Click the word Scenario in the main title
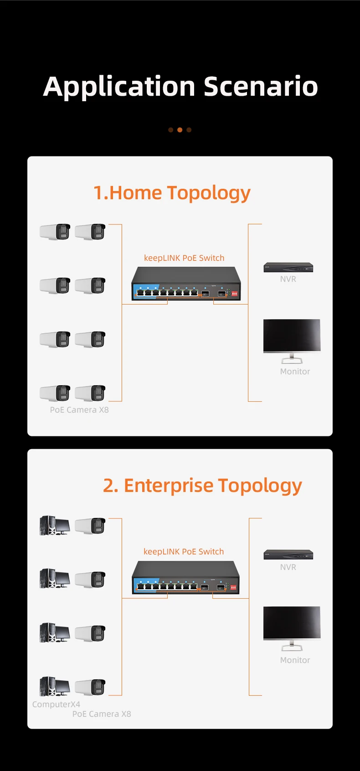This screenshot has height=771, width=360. coord(261,87)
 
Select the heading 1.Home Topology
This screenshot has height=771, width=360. coord(172,193)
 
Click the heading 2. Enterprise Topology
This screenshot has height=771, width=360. coord(202,486)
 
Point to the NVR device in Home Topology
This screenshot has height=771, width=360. coord(288,267)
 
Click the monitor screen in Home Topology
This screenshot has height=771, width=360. coord(292,335)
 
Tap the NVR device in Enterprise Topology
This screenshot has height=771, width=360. coord(288,554)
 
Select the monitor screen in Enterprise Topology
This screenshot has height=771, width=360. coord(292,622)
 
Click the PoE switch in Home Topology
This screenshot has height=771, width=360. coord(186,284)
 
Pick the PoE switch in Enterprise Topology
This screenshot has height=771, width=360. coord(185,578)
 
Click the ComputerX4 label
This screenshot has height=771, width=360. coord(56,704)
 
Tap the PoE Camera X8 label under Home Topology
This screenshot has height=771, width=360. coord(79,410)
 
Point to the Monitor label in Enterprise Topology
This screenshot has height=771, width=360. coord(295,660)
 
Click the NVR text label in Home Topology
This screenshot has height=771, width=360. coord(288,279)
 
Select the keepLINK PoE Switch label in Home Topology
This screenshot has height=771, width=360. coord(184,258)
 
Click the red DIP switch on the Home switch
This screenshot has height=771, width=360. coord(234,294)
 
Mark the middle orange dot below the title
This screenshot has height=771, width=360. coord(180,130)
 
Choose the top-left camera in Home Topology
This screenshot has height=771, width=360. coord(55,232)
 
